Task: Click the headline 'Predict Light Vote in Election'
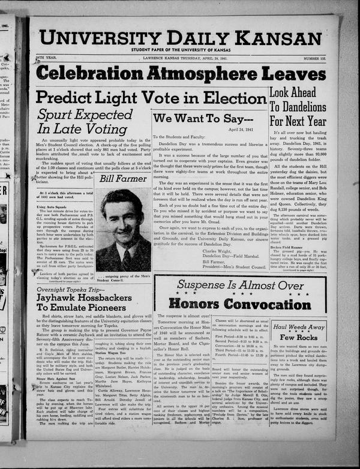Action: (x=151, y=97)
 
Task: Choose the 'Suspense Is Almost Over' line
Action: (x=239, y=286)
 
